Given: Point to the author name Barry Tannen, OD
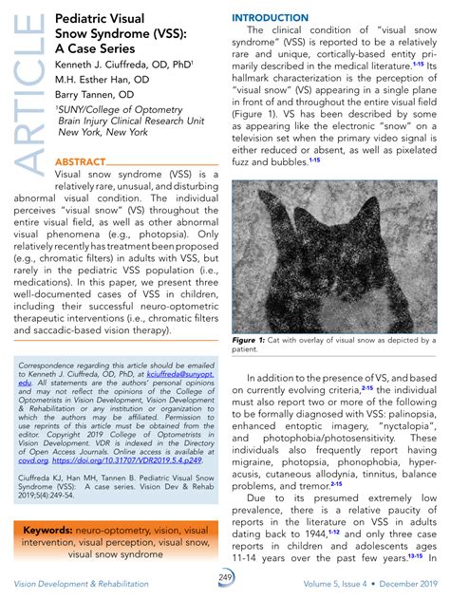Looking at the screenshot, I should pos(94,97).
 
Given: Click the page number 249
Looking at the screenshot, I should pos(225,578).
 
